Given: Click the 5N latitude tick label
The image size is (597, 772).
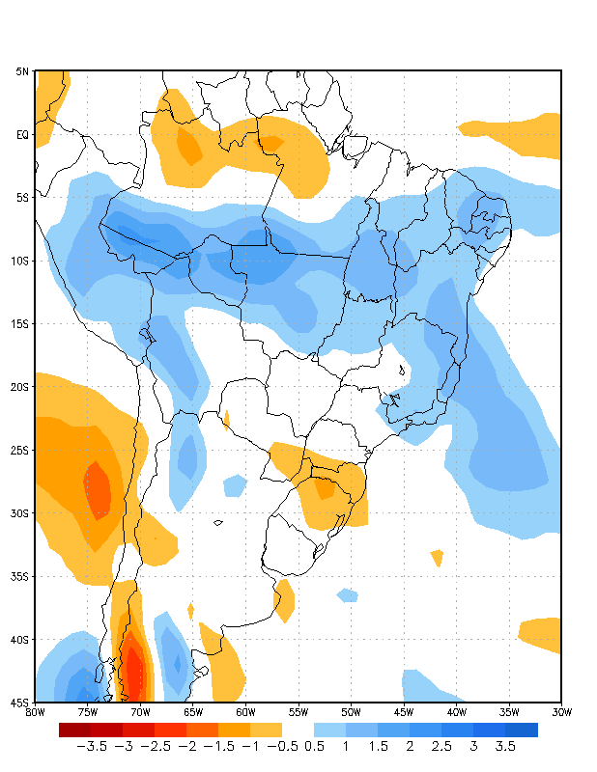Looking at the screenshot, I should click(x=21, y=71).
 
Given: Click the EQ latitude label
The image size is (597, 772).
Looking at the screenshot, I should click(x=21, y=135).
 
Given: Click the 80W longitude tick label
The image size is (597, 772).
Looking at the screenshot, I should click(x=35, y=712).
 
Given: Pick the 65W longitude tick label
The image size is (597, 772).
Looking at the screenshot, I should click(x=193, y=712).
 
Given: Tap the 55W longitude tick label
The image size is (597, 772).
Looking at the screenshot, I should click(x=298, y=712).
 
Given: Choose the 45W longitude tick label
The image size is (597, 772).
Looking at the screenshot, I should click(x=404, y=712).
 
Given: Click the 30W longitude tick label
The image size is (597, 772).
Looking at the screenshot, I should click(x=561, y=712).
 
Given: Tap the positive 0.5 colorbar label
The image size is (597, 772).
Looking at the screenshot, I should click(x=314, y=747).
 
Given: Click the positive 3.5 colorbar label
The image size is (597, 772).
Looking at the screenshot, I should click(x=505, y=747).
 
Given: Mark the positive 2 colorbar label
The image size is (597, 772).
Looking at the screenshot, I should click(x=410, y=747).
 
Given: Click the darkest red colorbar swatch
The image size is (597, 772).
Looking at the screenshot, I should click(x=74, y=730).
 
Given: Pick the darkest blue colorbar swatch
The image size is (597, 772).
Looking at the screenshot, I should click(x=522, y=730).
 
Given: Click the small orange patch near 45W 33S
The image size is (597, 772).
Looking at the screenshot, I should click(x=438, y=557).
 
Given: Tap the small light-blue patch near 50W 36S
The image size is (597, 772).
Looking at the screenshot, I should click(x=347, y=594).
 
